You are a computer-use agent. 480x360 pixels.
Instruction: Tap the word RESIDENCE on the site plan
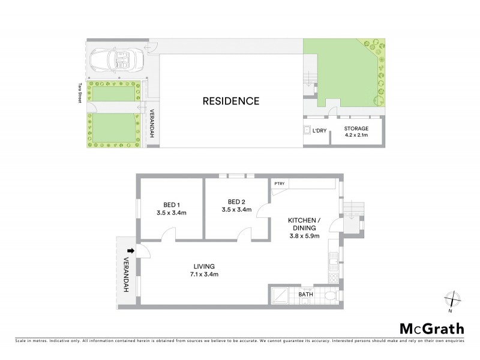click(231, 101)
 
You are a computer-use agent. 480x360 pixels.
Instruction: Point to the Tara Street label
click(79, 93)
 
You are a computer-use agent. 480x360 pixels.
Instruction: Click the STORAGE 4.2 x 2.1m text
click(356, 131)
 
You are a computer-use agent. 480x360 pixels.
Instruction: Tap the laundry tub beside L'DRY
click(307, 130)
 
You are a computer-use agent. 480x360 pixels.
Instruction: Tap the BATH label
click(305, 295)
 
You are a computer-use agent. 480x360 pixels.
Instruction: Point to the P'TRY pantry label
click(278, 184)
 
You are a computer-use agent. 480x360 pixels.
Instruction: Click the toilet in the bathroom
click(329, 296)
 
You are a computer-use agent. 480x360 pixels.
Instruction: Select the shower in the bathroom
click(280, 295)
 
